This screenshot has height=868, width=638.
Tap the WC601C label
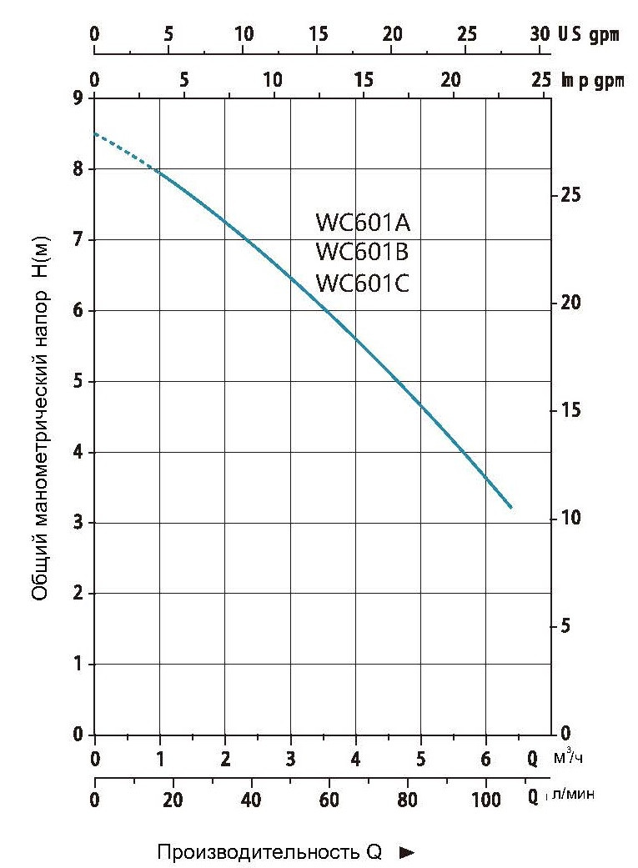363,283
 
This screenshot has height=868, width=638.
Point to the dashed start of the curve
125,150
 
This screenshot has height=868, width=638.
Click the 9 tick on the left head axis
78,98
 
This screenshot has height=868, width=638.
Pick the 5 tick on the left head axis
78,382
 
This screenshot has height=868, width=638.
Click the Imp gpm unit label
592,81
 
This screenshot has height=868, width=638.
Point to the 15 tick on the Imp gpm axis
363,81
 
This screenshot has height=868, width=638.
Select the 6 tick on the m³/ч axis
485,759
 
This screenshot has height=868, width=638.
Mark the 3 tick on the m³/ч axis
290,759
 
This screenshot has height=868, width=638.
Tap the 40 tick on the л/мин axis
251,798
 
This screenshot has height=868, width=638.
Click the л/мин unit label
574,796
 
